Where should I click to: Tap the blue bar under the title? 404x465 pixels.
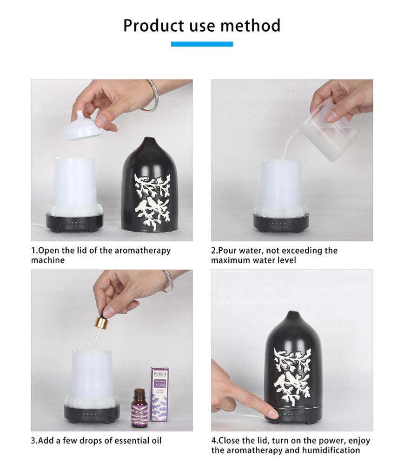(x=202, y=44)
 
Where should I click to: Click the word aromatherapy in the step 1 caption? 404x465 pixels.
(x=142, y=251)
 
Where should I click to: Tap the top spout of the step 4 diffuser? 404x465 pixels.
(x=292, y=316)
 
